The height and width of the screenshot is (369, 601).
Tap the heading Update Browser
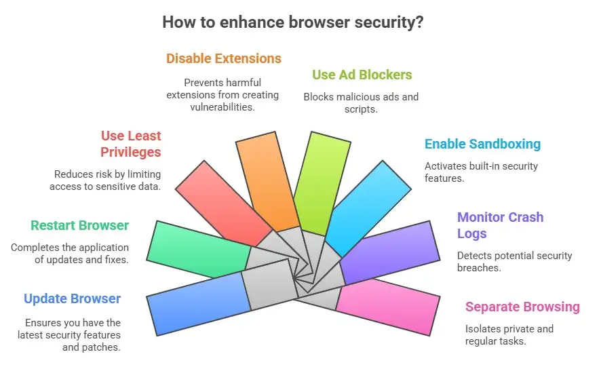click(72, 299)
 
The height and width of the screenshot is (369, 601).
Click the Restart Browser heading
click(79, 225)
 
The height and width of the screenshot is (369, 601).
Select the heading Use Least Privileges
click(131, 144)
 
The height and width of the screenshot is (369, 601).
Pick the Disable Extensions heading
click(224, 58)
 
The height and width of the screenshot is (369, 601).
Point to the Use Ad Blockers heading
click(362, 75)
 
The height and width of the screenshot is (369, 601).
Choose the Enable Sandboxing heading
click(482, 144)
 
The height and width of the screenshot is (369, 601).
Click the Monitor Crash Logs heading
click(500, 225)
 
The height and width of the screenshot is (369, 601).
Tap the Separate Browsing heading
click(522, 307)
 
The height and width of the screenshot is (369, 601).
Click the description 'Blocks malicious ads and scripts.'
click(361, 102)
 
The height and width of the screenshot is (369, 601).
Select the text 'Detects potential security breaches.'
click(514, 262)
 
